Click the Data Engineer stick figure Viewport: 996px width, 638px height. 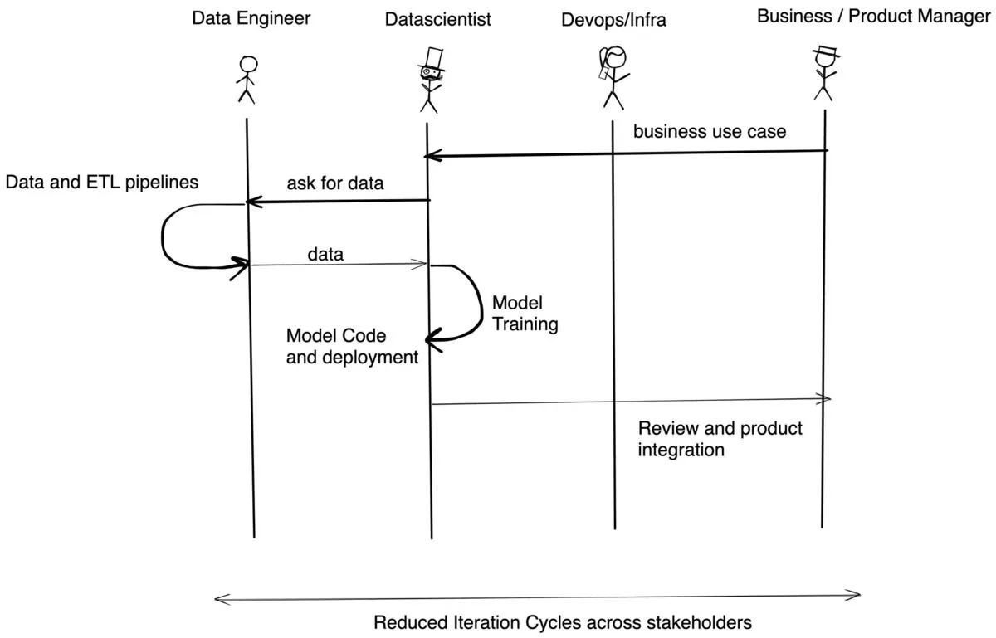pos(247,80)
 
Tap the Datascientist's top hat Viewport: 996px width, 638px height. pos(432,56)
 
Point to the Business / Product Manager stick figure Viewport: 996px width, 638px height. pos(824,75)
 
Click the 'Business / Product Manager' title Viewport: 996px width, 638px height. pos(874,17)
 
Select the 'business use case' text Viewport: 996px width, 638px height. pos(710,131)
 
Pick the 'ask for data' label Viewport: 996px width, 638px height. pos(335,183)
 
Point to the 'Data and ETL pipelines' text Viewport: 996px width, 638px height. pos(102,182)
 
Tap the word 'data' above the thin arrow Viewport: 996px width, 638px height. pos(325,255)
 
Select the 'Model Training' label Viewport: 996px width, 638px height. pos(525,314)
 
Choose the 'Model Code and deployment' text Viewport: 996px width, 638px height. pos(352,347)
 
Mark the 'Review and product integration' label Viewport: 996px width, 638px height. pos(720,439)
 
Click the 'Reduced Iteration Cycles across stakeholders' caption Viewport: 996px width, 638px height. pos(563,622)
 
